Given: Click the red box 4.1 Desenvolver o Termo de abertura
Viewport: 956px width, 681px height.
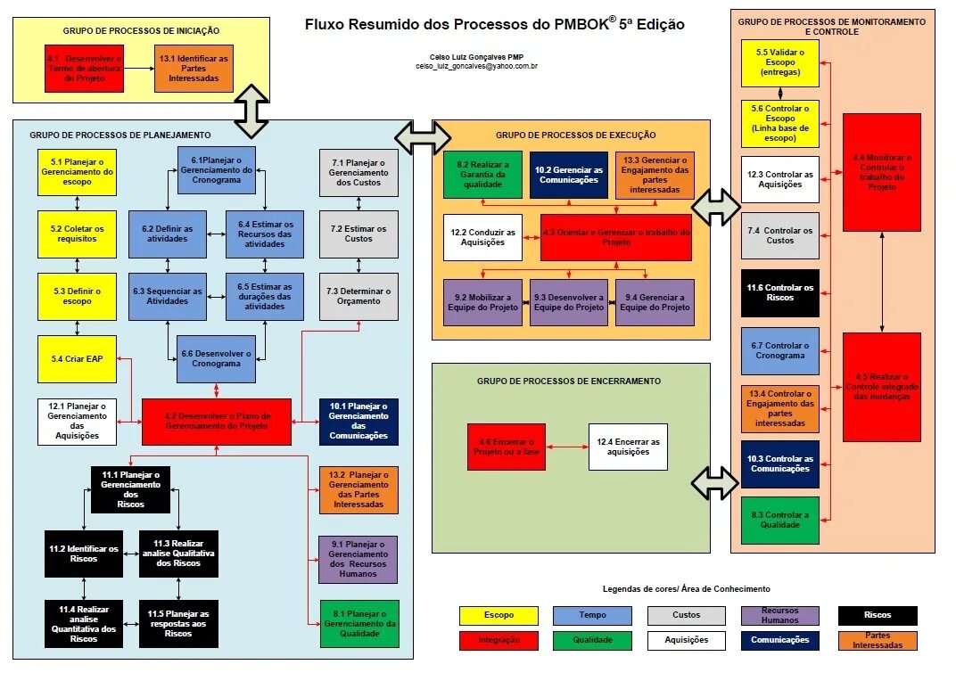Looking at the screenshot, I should (x=83, y=68).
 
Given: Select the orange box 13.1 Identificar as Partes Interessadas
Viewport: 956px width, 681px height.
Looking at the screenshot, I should (x=194, y=68).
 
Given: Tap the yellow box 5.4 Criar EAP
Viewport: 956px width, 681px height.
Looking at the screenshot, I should (x=77, y=358).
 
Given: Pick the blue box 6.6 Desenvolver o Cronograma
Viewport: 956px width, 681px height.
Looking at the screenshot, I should (x=216, y=358).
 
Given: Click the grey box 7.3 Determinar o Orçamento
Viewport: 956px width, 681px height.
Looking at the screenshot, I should (x=358, y=296).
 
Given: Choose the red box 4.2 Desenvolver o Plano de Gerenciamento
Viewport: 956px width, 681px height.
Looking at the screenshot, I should (x=217, y=422).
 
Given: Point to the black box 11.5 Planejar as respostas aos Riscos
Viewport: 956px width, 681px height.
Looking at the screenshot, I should (x=178, y=623).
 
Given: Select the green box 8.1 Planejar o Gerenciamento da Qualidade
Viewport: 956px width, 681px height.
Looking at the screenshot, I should (x=358, y=623).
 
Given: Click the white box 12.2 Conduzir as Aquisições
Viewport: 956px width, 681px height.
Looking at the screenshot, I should (x=482, y=237).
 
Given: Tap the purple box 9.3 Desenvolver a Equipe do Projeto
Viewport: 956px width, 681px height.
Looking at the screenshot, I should (x=568, y=302).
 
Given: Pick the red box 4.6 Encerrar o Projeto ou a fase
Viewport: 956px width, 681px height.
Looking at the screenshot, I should (x=506, y=447).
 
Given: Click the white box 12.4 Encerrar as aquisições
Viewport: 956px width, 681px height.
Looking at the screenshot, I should (x=628, y=447).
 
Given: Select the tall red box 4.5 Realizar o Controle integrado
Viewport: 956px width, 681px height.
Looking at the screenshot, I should (x=881, y=387).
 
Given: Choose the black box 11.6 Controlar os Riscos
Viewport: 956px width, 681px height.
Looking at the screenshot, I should (x=779, y=293).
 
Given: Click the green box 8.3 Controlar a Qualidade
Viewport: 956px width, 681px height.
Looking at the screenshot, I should (x=779, y=521).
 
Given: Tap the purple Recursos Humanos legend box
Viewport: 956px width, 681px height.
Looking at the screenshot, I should (x=779, y=615).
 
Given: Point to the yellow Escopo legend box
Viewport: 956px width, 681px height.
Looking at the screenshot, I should (x=499, y=615).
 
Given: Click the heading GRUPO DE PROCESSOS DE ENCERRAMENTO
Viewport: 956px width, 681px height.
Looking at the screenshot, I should (x=568, y=381).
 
